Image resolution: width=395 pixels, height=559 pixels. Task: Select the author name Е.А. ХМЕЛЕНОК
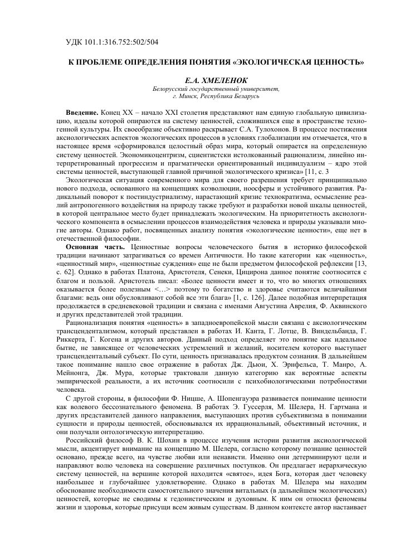(x=217, y=80)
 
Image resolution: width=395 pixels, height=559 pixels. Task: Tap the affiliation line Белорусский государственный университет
(x=217, y=89)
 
